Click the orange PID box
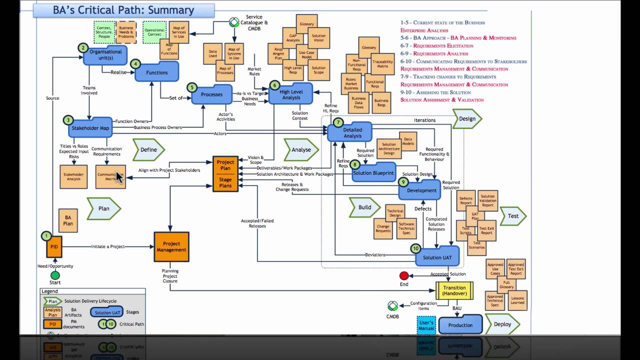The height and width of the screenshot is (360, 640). point(54,247)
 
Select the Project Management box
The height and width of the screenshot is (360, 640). point(171,247)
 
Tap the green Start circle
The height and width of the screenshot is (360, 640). point(55,275)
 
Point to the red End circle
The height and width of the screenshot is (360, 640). point(404,275)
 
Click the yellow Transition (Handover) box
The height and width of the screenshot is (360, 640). point(454,290)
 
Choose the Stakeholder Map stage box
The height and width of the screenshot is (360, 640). point(90,128)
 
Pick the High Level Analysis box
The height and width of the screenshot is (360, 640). point(290,94)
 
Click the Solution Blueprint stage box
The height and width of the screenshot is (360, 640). point(373,173)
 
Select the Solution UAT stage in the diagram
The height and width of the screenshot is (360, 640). point(436,257)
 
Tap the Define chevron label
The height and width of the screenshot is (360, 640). point(148,149)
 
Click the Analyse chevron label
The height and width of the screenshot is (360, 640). point(301,149)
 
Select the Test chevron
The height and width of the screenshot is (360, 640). point(513,216)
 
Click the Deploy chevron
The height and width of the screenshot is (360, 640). point(502,324)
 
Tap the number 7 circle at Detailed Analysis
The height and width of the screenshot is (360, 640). point(338,122)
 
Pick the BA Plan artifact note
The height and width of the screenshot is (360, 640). point(68,220)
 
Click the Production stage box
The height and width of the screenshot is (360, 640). point(460,325)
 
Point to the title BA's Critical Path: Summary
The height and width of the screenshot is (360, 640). point(123,10)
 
